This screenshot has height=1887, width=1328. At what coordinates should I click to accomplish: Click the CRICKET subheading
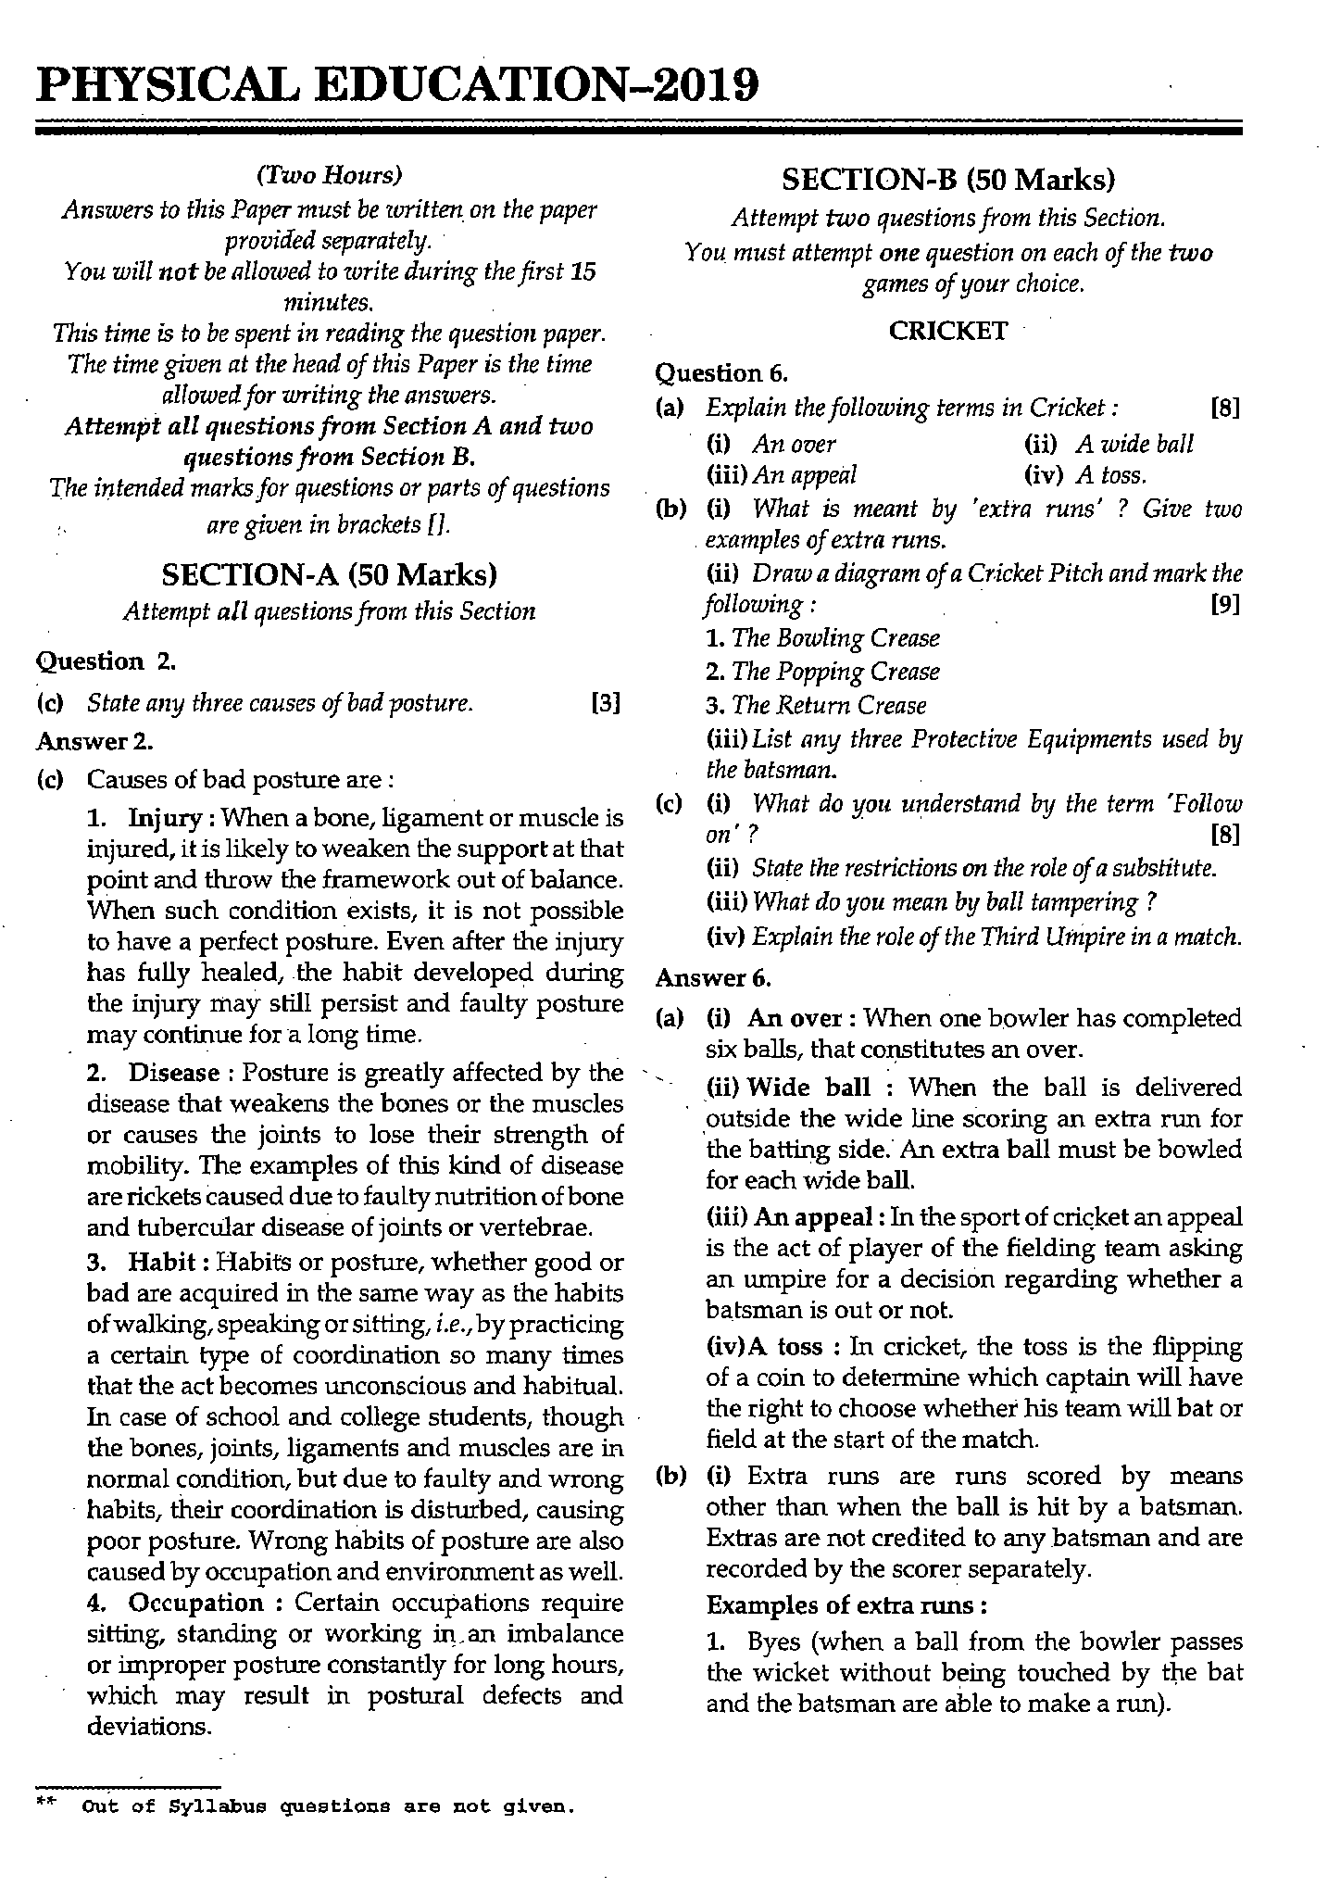(x=947, y=331)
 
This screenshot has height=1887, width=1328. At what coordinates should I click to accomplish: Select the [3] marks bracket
(x=605, y=703)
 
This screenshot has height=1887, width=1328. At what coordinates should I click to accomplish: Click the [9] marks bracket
(x=1224, y=605)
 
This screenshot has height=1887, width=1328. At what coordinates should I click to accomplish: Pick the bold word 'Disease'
(x=173, y=1073)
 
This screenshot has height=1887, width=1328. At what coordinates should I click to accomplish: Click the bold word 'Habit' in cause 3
(x=161, y=1262)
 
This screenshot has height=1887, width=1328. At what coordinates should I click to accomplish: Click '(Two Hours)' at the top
(x=329, y=175)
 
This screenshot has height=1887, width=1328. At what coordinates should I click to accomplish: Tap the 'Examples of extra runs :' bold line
(x=845, y=1604)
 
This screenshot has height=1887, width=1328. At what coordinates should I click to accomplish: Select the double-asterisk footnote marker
(x=46, y=1803)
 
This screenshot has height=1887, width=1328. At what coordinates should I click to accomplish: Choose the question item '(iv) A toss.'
(x=1085, y=475)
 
